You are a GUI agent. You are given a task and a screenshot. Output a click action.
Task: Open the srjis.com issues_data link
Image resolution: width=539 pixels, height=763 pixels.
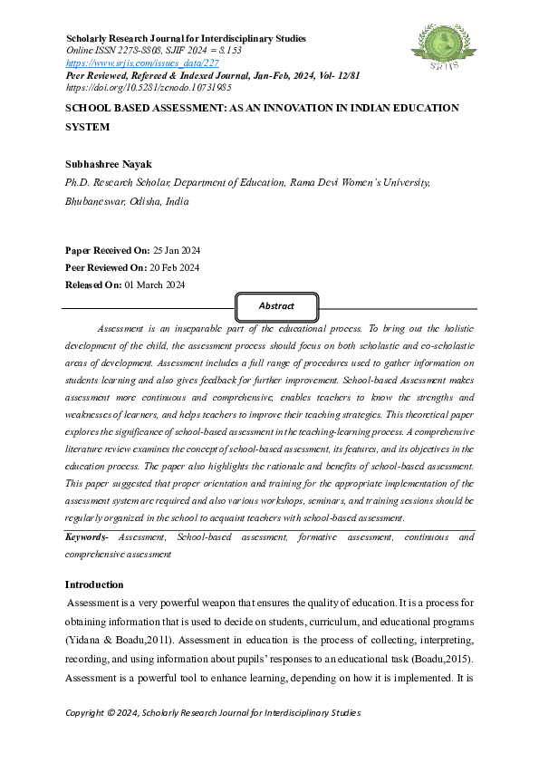142,63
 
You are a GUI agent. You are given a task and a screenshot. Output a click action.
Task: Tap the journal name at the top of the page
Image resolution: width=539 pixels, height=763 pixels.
187,39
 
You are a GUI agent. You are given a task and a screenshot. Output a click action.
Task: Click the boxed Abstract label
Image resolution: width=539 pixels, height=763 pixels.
276,306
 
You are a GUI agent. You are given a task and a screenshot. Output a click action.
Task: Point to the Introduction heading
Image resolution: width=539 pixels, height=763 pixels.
107,584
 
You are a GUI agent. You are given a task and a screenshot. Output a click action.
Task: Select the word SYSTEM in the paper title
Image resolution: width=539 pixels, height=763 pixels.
88,127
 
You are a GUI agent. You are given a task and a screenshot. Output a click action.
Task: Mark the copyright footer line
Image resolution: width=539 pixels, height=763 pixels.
213,712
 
